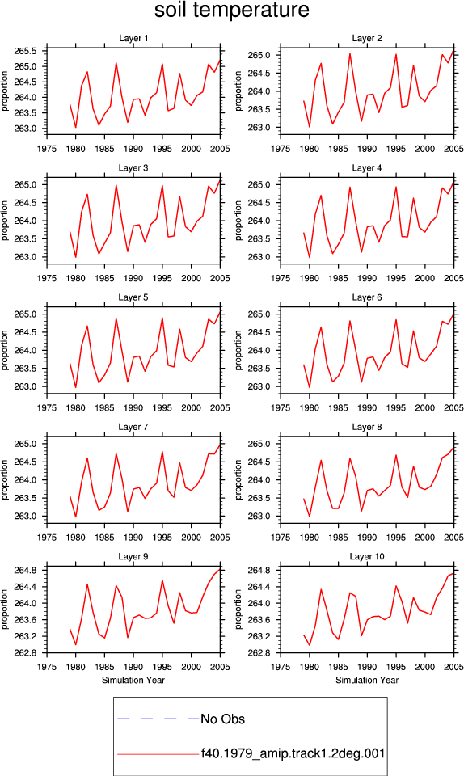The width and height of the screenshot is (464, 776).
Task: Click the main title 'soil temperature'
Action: [232, 10]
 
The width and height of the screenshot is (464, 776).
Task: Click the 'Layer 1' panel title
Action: [133, 38]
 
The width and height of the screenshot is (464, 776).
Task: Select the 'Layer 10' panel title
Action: [366, 556]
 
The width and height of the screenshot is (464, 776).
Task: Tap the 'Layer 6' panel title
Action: [366, 297]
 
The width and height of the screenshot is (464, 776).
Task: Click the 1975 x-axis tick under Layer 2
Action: [281, 149]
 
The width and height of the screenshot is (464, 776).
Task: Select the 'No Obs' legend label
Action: [222, 719]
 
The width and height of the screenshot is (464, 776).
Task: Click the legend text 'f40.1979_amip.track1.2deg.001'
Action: [293, 753]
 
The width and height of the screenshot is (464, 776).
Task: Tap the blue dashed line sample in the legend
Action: [158, 719]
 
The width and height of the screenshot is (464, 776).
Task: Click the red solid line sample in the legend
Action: [158, 754]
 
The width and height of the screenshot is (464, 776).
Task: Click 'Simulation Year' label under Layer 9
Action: [133, 680]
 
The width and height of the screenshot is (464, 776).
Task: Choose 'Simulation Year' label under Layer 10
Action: [366, 680]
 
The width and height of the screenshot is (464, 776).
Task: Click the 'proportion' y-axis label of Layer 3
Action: [5, 220]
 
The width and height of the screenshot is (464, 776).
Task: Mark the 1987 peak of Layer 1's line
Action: [116, 63]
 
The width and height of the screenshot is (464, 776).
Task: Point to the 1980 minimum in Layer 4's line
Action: [310, 257]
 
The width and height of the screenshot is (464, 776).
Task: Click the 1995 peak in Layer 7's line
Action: [162, 451]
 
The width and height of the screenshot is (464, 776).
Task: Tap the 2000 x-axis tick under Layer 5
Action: [191, 407]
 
